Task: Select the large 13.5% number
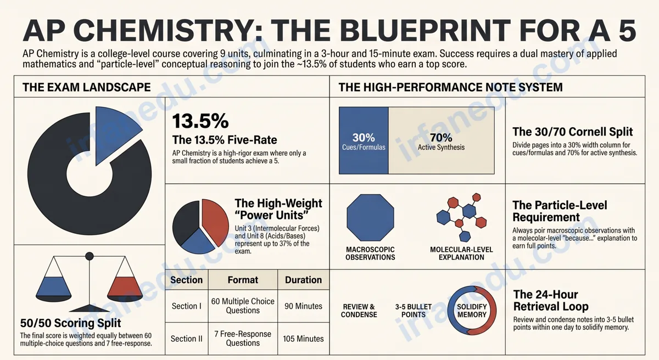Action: pos(200,121)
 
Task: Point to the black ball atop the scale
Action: pos(90,256)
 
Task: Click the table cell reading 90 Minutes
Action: pos(303,306)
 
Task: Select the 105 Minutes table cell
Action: pos(303,339)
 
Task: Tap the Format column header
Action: pos(243,280)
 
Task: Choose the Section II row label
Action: pos(187,339)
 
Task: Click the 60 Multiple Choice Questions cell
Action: pos(243,306)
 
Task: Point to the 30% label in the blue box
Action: pos(364,138)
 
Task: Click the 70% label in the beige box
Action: pos(441,138)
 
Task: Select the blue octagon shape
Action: pos(370,218)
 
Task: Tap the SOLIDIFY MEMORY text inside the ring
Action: pos(472,311)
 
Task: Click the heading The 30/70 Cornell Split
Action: pos(572,132)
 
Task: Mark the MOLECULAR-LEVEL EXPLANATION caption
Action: pos(461,254)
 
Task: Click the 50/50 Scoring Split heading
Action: pos(71,323)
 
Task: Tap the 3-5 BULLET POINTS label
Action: pos(414,311)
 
